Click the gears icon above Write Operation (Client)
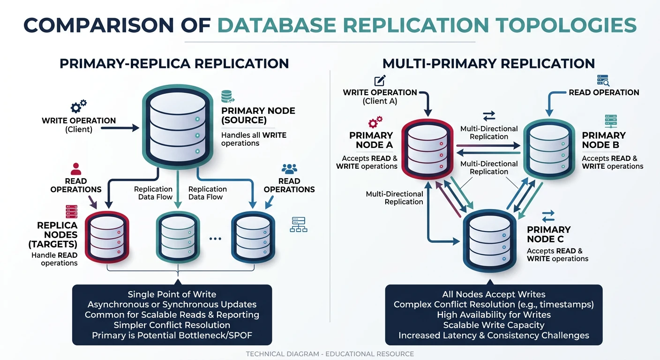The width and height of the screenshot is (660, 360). click(78, 106)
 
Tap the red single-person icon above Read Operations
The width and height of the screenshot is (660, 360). click(76, 169)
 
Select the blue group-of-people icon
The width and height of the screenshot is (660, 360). click(289, 169)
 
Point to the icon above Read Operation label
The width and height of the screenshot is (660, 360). click(603, 80)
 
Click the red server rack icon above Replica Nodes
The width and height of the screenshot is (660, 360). click(71, 211)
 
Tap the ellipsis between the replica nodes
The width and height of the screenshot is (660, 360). click(215, 239)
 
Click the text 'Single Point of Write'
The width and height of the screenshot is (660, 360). click(172, 294)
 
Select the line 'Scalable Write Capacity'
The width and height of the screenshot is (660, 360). click(494, 325)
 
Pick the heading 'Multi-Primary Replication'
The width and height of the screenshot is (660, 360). click(488, 63)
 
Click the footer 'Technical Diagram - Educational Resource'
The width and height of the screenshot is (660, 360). click(330, 354)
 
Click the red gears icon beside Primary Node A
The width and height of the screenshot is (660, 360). click(375, 123)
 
